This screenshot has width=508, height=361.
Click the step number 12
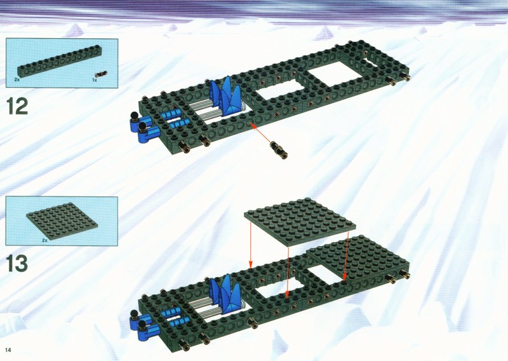coord(17,107)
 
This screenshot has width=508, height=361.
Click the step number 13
coord(17,263)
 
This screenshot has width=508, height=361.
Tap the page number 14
coord(8,350)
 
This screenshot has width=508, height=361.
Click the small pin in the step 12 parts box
coord(104,73)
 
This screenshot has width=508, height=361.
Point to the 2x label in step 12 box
coord(17,79)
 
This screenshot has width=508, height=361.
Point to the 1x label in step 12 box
coord(95,80)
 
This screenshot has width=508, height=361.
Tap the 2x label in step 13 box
coord(44,240)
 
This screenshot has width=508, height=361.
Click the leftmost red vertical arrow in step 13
coord(250,242)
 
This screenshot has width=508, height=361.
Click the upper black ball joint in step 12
coord(134,116)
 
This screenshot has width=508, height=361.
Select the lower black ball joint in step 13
coord(142,324)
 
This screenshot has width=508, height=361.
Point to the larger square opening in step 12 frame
coord(335,74)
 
